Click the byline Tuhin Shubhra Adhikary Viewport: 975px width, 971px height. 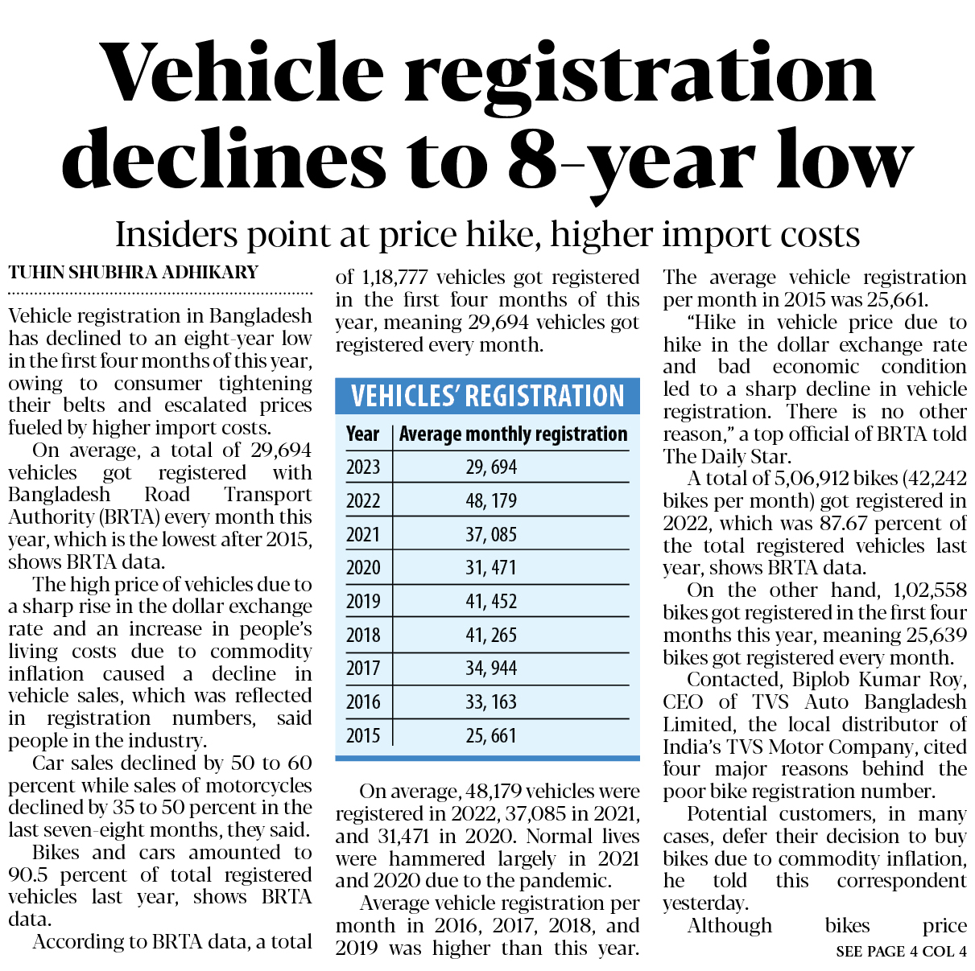pos(134,273)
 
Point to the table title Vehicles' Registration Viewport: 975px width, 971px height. pos(487,396)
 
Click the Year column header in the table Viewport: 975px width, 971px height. pos(362,434)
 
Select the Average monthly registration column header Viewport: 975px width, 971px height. pos(513,434)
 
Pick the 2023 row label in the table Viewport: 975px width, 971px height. pos(363,467)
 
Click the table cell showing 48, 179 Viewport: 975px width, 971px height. pos(491,500)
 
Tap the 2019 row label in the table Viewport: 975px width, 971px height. pos(363,601)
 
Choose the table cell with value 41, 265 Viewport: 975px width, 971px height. pos(491,635)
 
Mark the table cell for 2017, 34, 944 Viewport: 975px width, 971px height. pos(491,668)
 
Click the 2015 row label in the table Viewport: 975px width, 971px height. pos(363,735)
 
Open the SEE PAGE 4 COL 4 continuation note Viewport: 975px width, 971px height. pos(901,952)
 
